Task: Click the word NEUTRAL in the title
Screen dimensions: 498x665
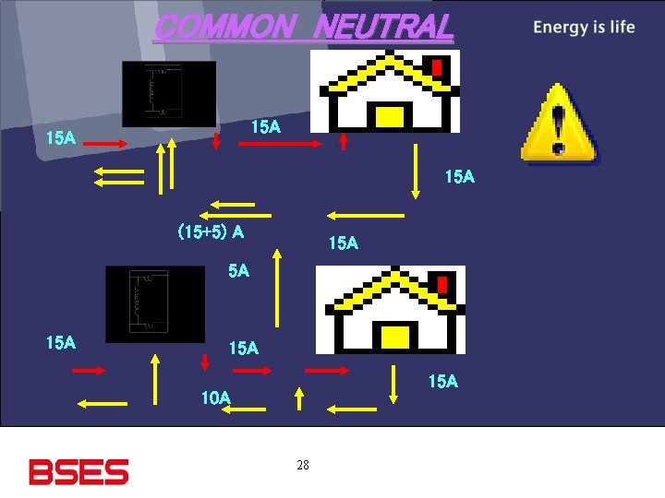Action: pyautogui.click(x=383, y=27)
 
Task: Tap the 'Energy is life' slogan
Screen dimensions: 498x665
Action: pyautogui.click(x=584, y=27)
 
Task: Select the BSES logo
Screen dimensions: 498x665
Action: pyautogui.click(x=79, y=471)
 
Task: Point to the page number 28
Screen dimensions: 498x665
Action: pyautogui.click(x=303, y=465)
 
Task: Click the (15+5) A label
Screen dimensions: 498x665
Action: pyautogui.click(x=211, y=232)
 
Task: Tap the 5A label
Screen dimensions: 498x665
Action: pyautogui.click(x=238, y=271)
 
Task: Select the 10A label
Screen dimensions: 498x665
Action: pyautogui.click(x=216, y=398)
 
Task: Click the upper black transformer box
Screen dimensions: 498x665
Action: pyautogui.click(x=169, y=93)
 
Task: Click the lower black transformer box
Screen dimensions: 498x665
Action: pyautogui.click(x=154, y=302)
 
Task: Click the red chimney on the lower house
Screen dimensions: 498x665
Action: pyautogui.click(x=442, y=286)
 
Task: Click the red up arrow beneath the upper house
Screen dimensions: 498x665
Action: pyautogui.click(x=344, y=141)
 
